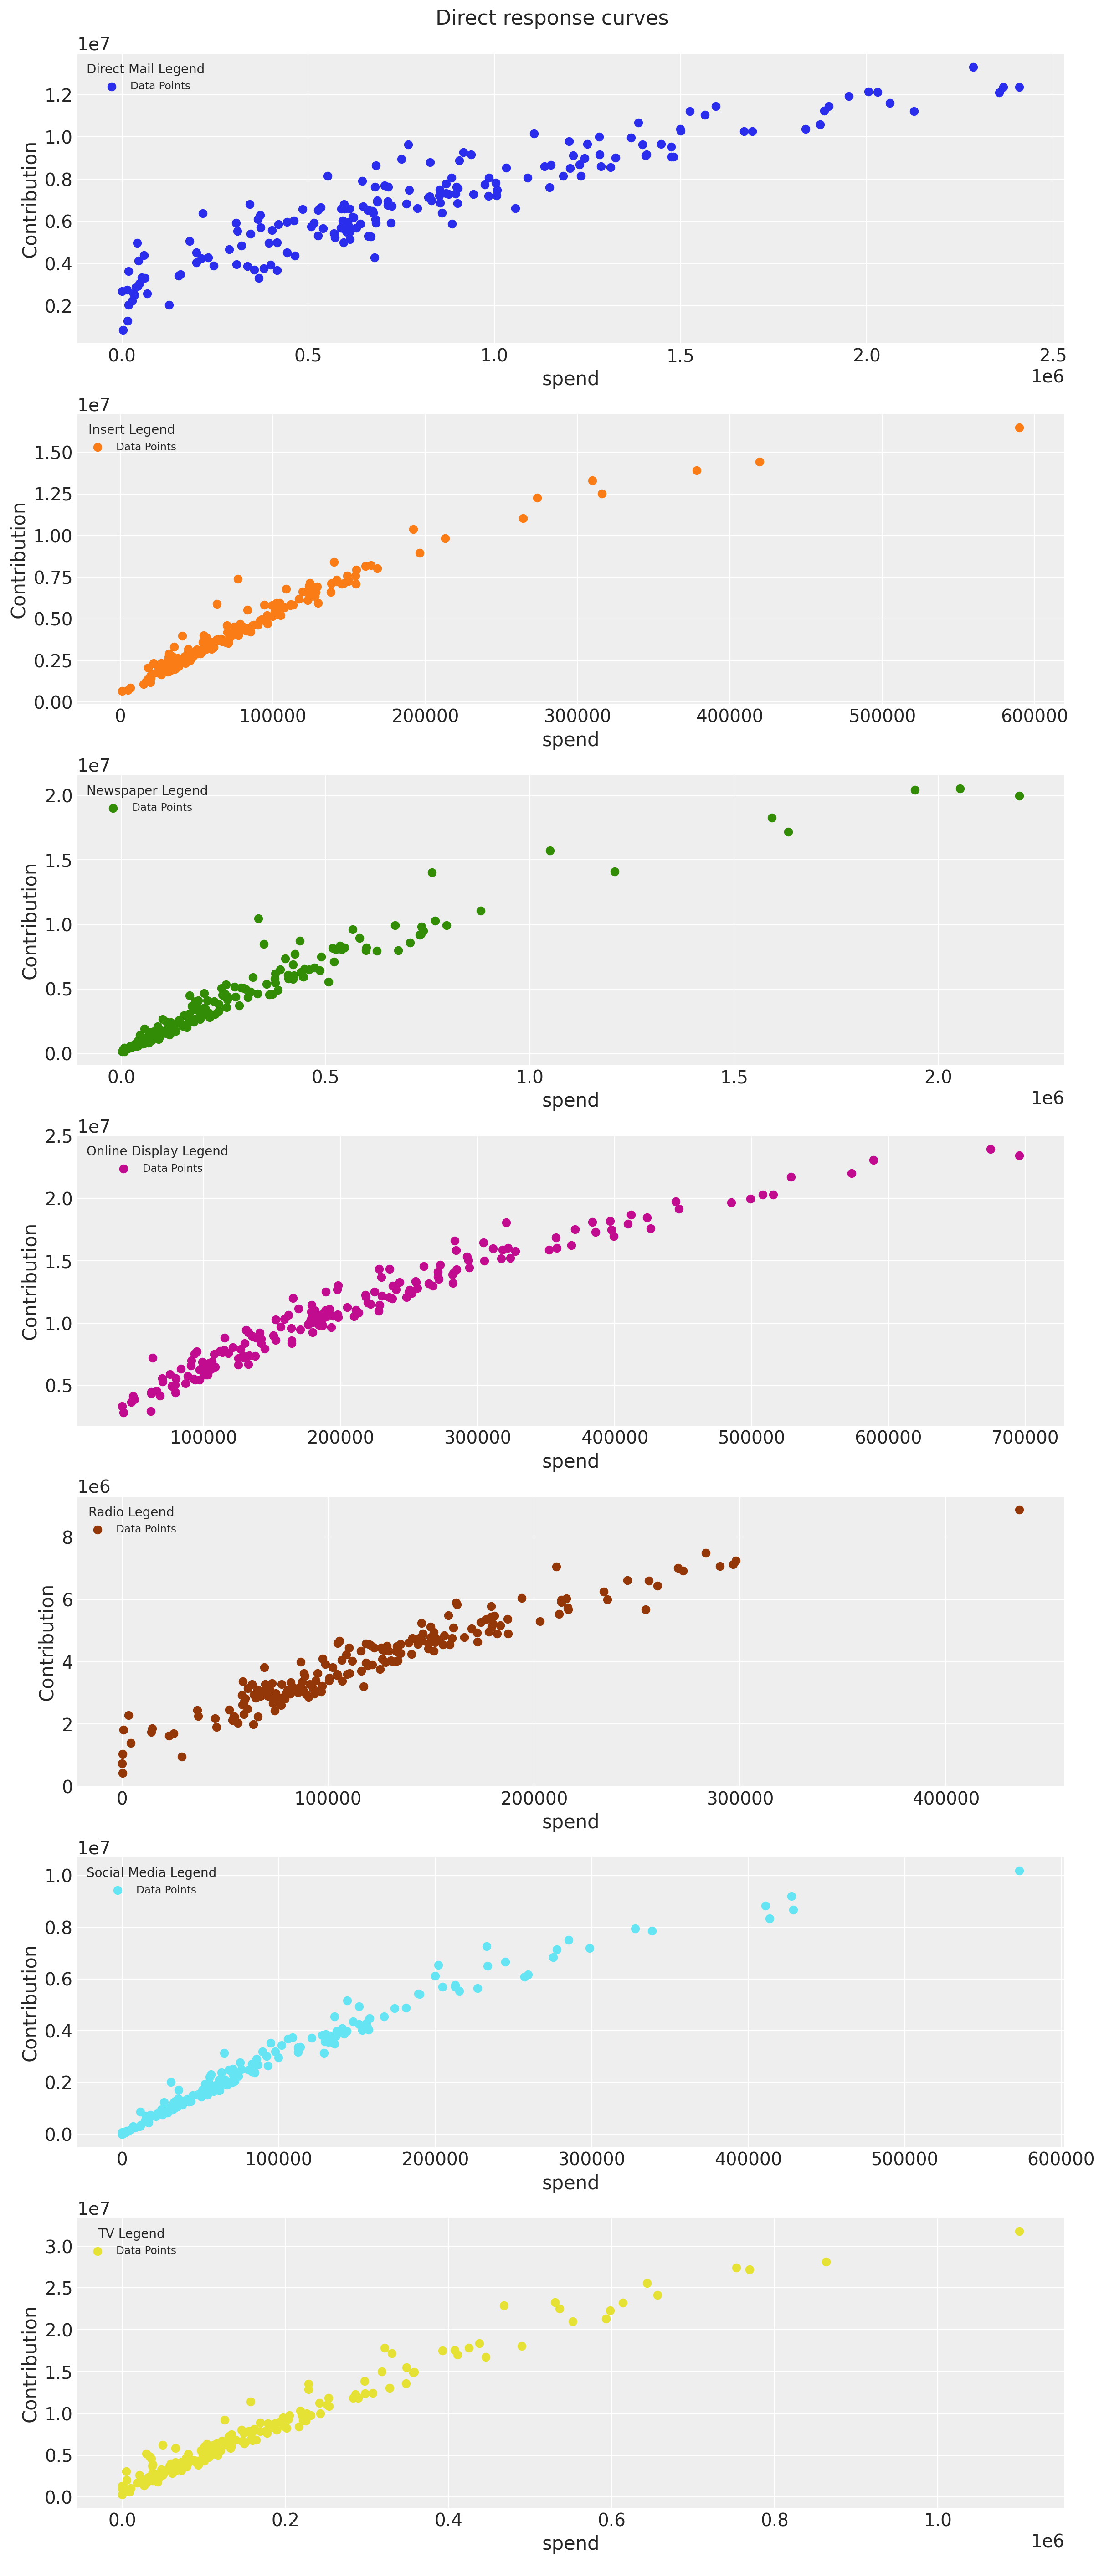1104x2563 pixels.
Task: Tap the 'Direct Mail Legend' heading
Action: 145,69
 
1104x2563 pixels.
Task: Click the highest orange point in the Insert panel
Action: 1018,428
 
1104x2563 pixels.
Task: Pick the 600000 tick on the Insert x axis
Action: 1033,715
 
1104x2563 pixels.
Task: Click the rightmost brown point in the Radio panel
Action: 1018,1509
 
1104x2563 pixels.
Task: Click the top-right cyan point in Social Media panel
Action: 1018,1871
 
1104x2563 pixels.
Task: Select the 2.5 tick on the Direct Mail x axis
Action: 1052,355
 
